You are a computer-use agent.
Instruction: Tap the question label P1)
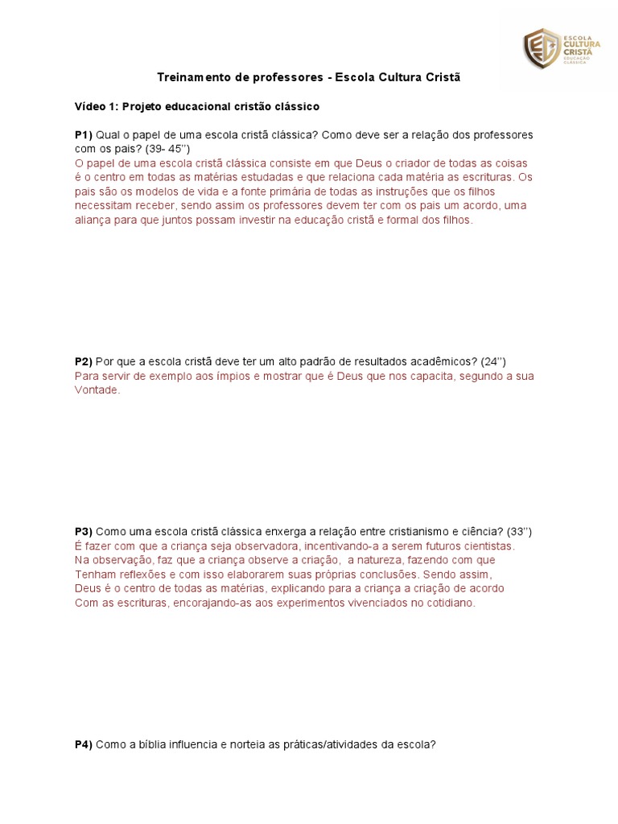(84, 134)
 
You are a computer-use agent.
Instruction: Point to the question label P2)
(84, 360)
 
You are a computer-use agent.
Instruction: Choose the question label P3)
(84, 531)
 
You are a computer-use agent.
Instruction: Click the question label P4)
(84, 744)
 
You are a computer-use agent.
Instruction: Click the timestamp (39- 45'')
(167, 148)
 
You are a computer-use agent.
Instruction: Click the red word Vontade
(97, 389)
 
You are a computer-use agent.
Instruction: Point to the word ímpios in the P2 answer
(230, 376)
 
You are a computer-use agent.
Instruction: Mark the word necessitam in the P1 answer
(105, 204)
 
